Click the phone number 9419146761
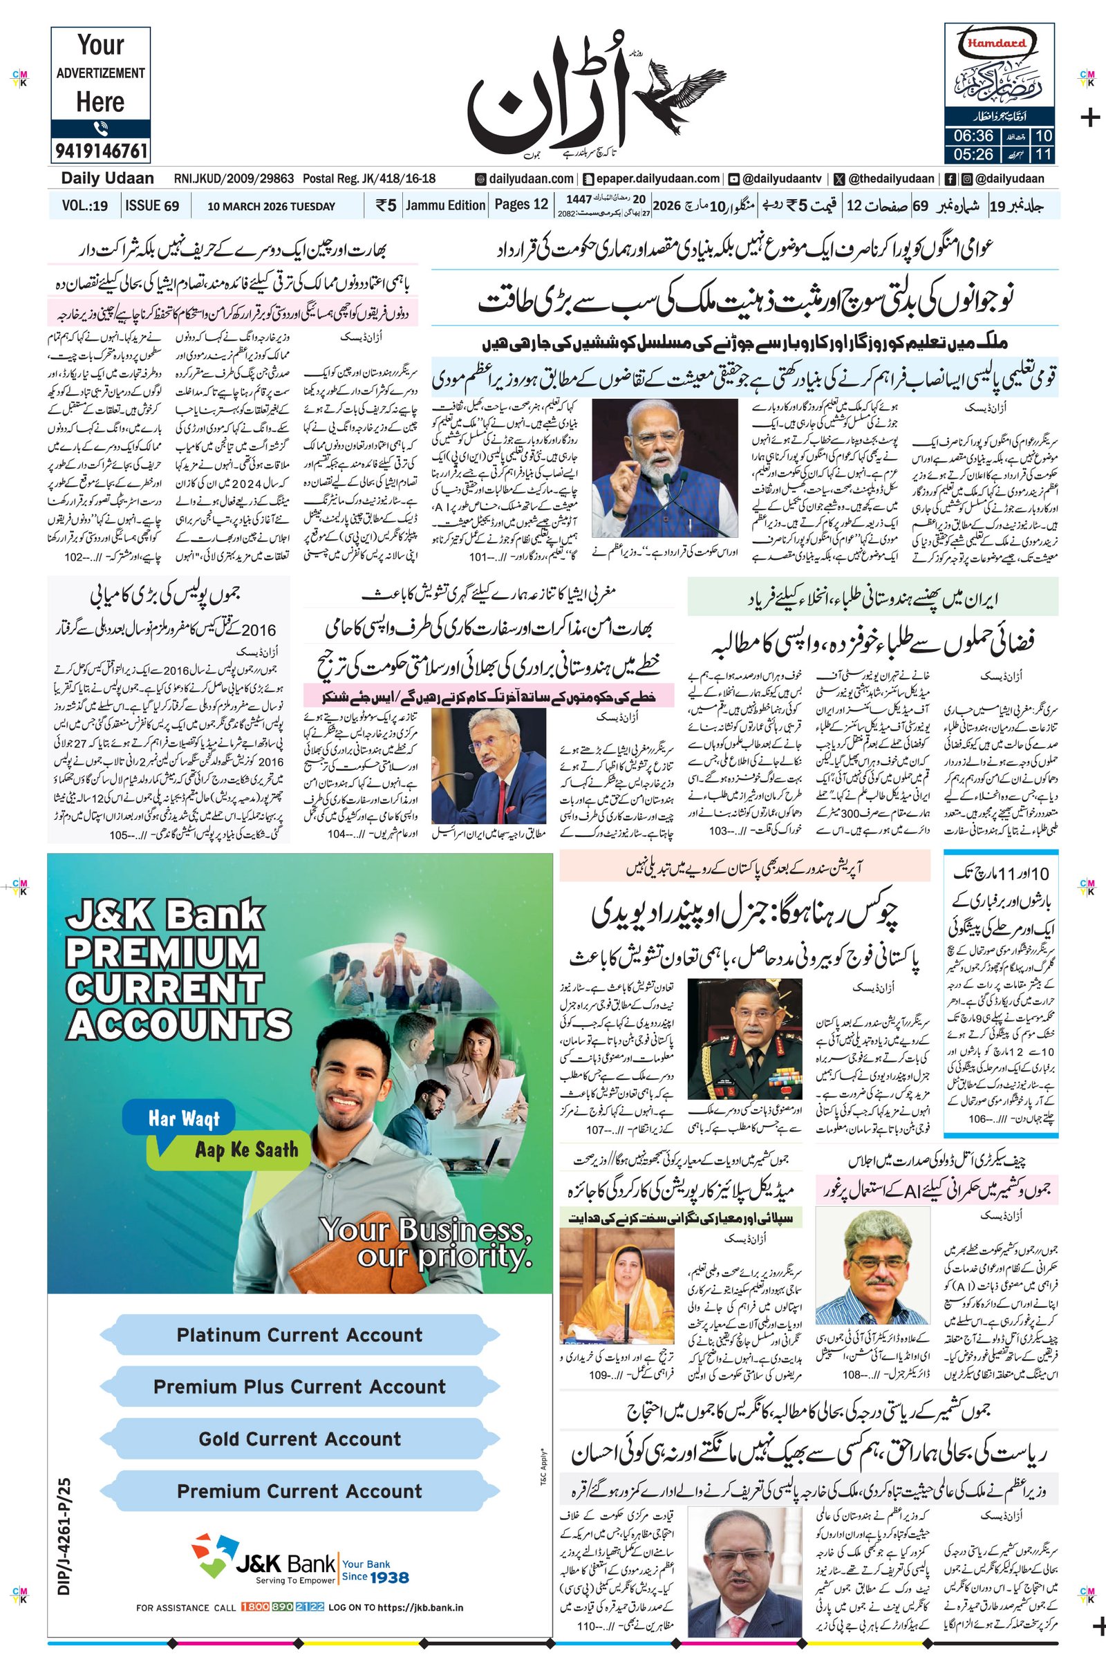[x=100, y=151]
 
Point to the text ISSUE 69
[x=151, y=206]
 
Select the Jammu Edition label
[x=446, y=205]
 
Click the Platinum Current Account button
[x=299, y=1334]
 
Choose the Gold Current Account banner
[x=299, y=1438]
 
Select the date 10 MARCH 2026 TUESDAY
[x=271, y=207]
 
